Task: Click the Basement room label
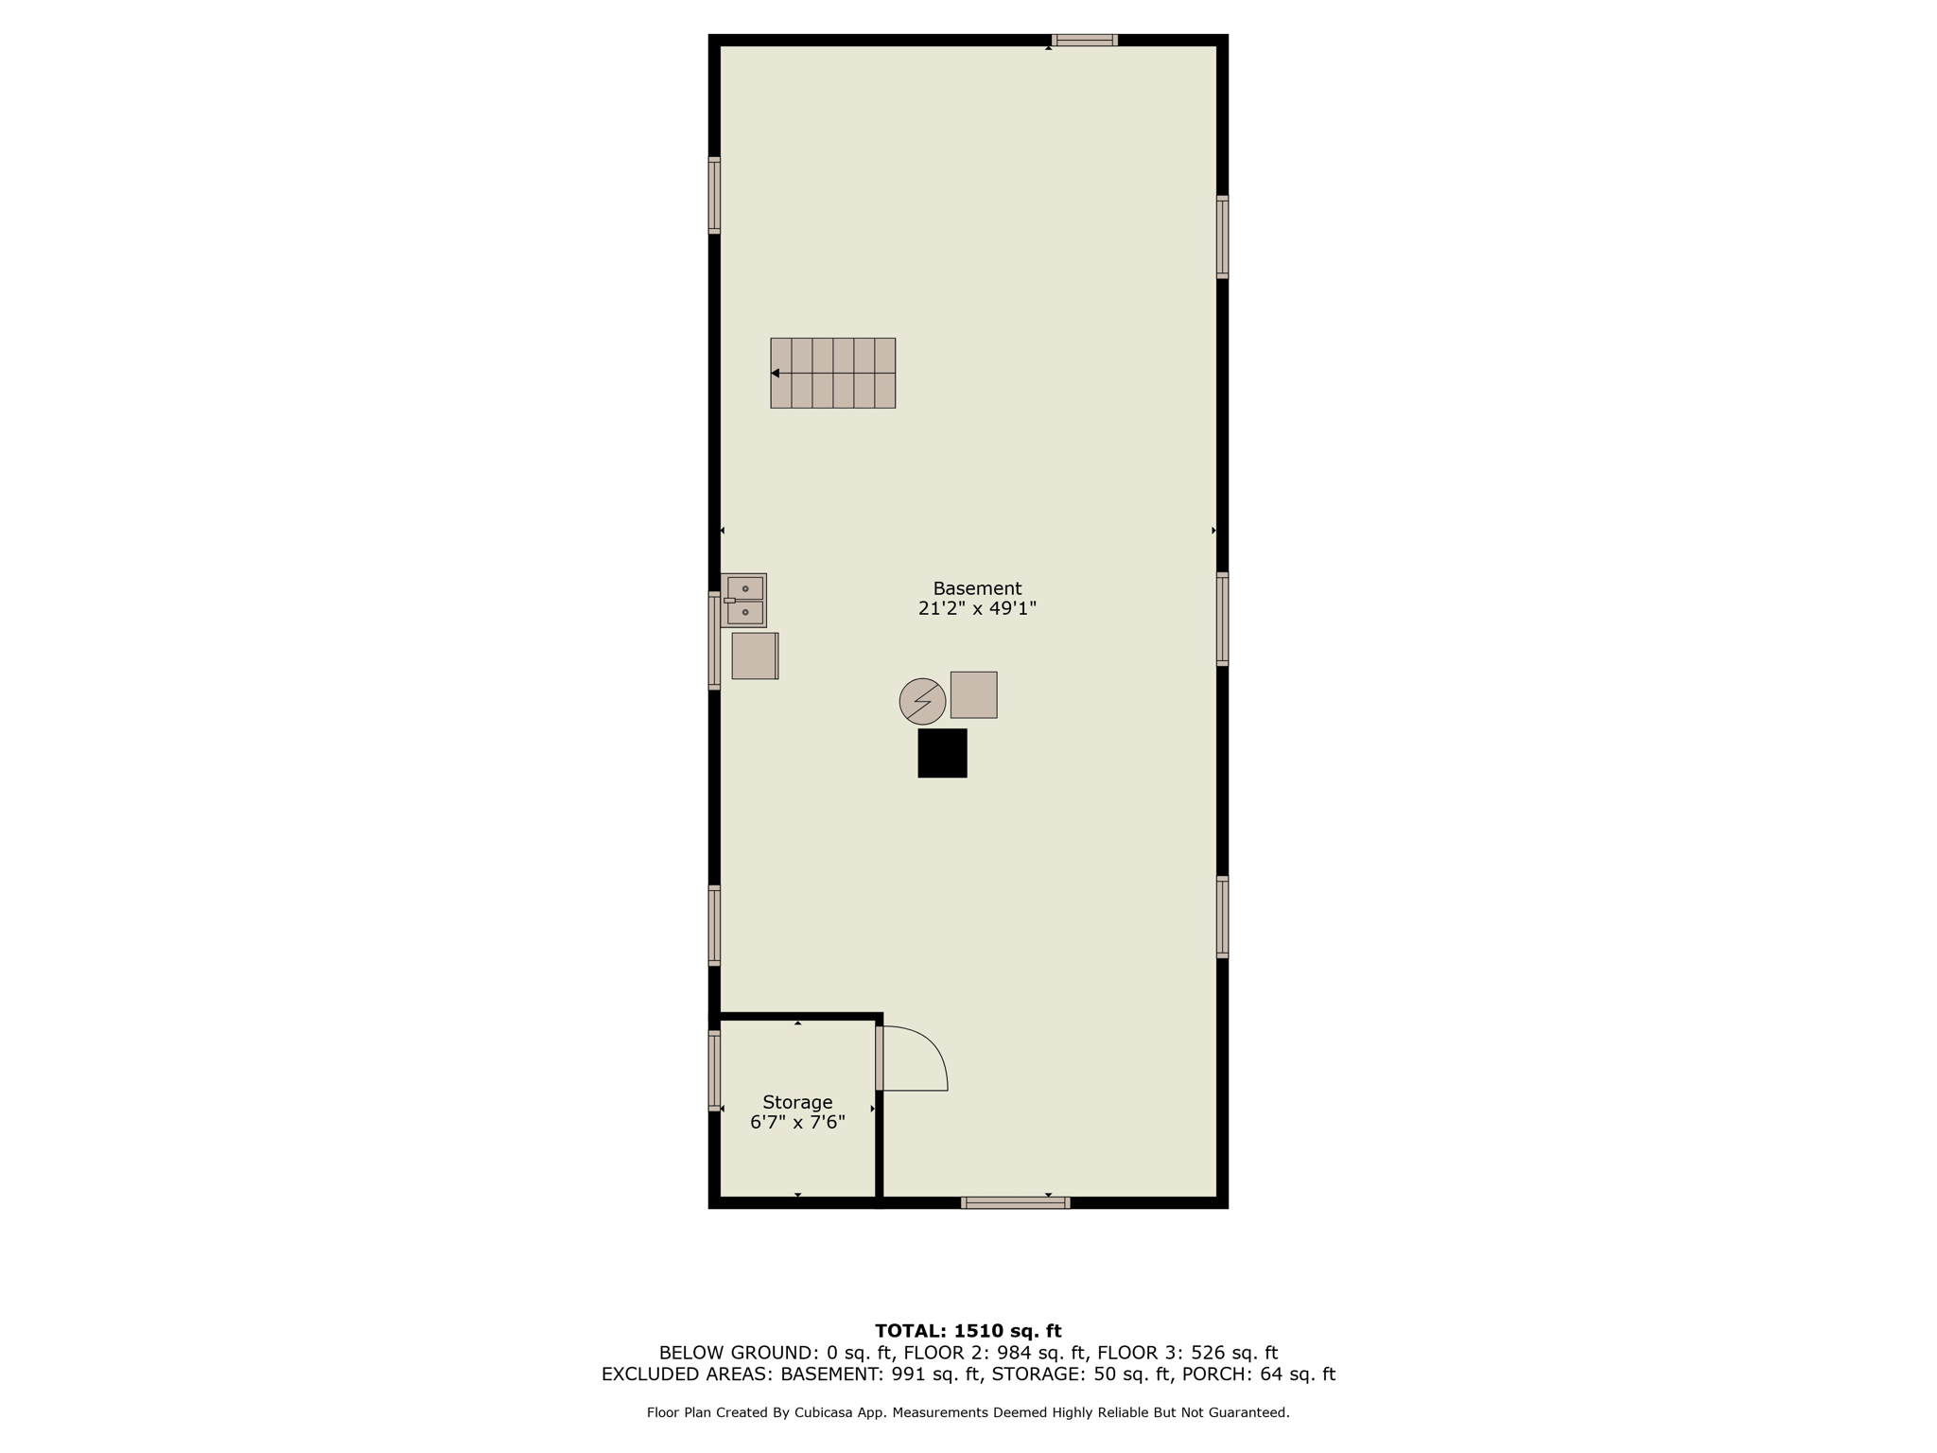[x=977, y=588]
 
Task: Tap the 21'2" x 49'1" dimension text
[x=977, y=608]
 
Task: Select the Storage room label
[x=797, y=1103]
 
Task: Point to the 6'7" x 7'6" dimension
[x=797, y=1123]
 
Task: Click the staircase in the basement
[x=832, y=373]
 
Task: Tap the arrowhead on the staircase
[x=775, y=373]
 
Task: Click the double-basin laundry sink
[x=743, y=600]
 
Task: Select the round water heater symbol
[x=922, y=701]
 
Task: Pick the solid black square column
[x=942, y=753]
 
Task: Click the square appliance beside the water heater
[x=973, y=694]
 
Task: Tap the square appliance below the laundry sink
[x=755, y=656]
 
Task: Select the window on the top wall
[x=1085, y=40]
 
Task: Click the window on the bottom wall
[x=1015, y=1202]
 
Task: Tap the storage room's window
[x=714, y=1070]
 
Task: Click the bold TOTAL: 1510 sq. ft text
[x=968, y=1331]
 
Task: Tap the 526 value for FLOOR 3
[x=1207, y=1353]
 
